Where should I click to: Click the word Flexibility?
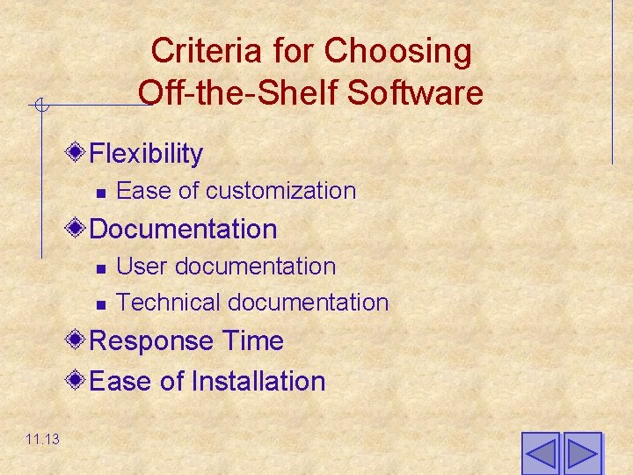(x=146, y=154)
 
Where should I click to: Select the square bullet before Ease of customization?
(x=101, y=193)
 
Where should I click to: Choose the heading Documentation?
(x=183, y=230)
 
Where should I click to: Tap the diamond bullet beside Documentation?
(x=77, y=229)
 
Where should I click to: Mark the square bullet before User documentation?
(x=101, y=268)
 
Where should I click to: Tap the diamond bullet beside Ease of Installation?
(x=77, y=380)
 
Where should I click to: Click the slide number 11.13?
(x=42, y=439)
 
